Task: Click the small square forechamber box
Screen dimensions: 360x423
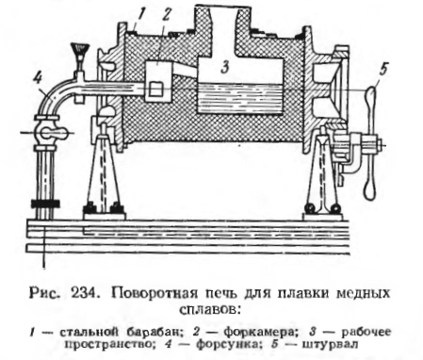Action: [x=157, y=90]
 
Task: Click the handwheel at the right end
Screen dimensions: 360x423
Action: [x=370, y=141]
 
